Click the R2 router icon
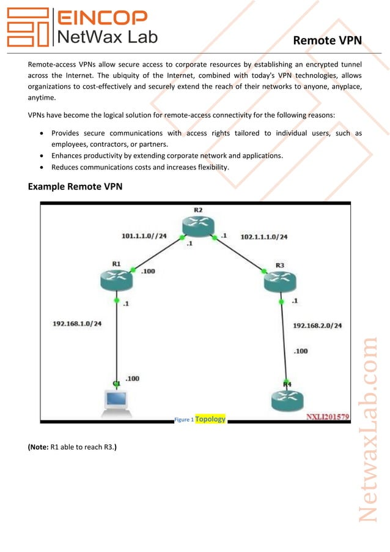[x=199, y=227]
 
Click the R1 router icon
[x=116, y=280]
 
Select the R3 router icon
[x=280, y=282]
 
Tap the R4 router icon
[x=286, y=400]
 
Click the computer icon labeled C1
[x=116, y=401]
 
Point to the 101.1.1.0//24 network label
[x=144, y=235]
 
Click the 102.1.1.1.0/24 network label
[x=264, y=236]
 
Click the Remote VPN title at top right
[x=327, y=40]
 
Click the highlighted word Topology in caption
[x=210, y=419]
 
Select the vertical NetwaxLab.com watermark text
[x=369, y=428]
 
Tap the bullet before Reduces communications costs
[x=40, y=167]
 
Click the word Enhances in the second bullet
[x=68, y=155]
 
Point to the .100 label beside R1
[x=148, y=271]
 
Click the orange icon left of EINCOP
[x=27, y=28]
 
